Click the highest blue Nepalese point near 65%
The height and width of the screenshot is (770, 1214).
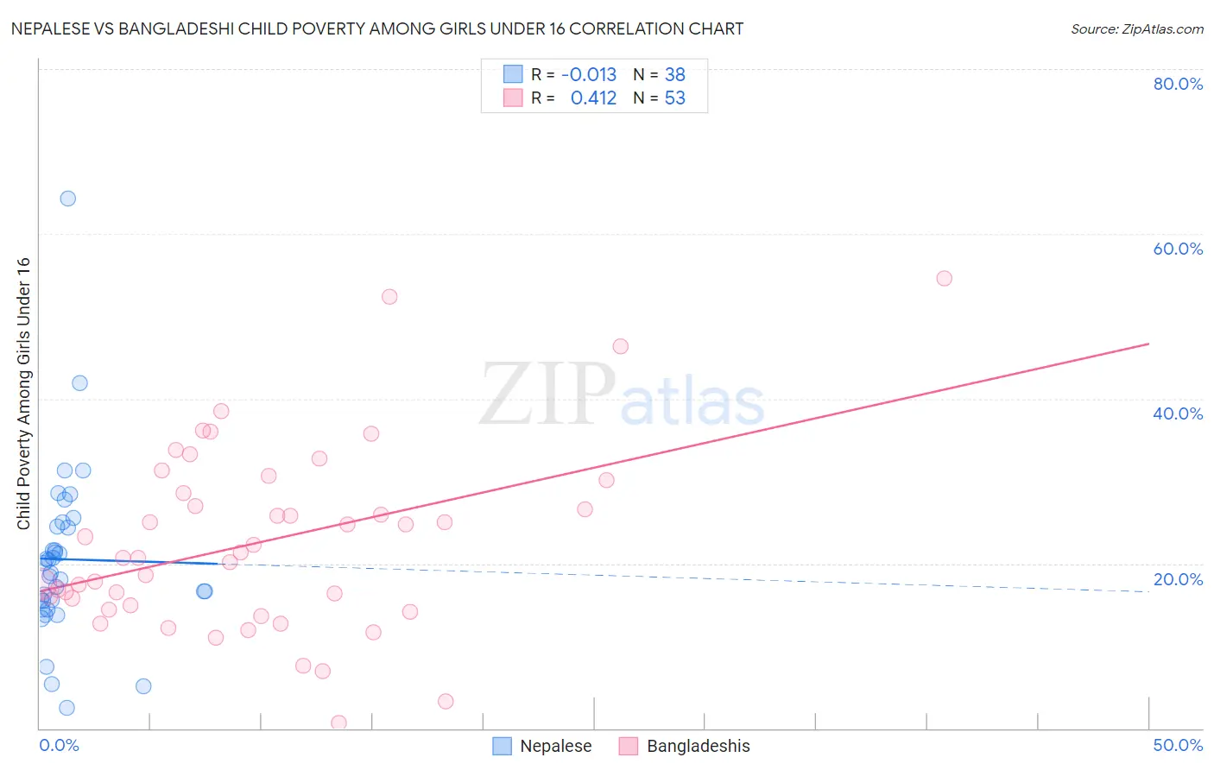tap(67, 199)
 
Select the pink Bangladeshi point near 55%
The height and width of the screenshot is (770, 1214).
tap(944, 278)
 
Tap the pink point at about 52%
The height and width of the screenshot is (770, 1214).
tap(389, 296)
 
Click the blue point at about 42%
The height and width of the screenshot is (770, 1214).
tap(79, 383)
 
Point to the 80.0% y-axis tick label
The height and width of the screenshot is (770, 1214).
tap(1178, 84)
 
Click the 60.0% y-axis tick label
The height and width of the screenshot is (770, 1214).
tap(1178, 249)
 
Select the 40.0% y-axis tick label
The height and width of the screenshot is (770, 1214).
tap(1178, 413)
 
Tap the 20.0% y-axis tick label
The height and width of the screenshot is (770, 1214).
tap(1178, 579)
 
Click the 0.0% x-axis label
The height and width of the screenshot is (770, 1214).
tap(59, 745)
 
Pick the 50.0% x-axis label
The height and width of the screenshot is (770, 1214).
tap(1178, 745)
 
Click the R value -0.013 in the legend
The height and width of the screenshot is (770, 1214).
tap(589, 75)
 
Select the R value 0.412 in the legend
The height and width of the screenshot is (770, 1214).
tap(593, 98)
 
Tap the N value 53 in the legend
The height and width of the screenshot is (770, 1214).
tap(674, 98)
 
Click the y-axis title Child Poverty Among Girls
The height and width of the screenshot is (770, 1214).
tap(23, 394)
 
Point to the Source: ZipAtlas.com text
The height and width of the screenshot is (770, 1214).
tap(1136, 29)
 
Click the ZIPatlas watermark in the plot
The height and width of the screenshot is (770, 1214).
tap(622, 394)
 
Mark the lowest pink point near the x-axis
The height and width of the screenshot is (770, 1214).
tap(338, 723)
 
